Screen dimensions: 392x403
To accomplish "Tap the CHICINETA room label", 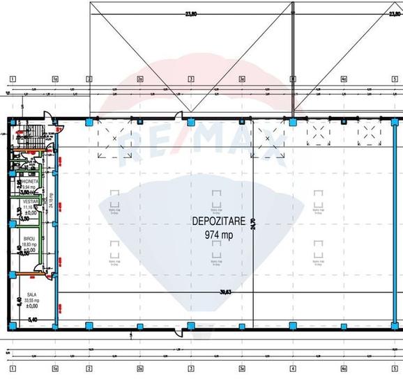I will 29,181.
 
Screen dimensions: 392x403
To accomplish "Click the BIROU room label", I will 29,238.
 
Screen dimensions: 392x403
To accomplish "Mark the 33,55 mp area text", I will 29,300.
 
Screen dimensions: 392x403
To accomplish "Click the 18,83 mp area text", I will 29,244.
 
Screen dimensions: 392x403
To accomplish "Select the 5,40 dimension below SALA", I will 31,320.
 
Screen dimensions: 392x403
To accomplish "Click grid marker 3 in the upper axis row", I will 190,79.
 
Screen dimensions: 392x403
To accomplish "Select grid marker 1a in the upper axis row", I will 55,79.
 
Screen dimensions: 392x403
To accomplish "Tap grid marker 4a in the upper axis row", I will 344,79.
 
